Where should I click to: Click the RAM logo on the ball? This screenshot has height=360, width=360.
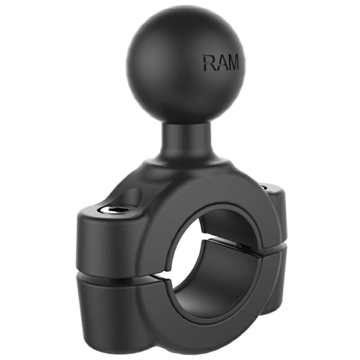[x=220, y=63]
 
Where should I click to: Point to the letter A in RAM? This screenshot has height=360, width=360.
[x=220, y=63]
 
